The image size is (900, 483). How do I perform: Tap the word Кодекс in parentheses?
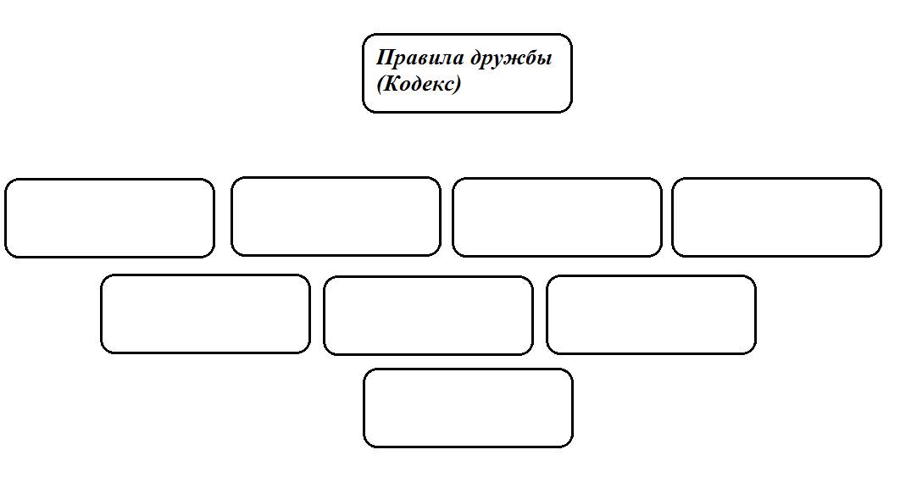(x=419, y=84)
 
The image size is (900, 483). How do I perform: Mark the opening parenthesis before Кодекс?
(x=381, y=85)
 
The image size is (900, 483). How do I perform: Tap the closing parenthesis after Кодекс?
(x=456, y=85)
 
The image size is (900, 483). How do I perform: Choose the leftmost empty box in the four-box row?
(x=109, y=218)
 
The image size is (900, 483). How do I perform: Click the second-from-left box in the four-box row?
(x=336, y=216)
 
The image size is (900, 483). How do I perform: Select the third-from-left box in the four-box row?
(x=557, y=217)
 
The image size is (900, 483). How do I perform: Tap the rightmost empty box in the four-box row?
(x=776, y=217)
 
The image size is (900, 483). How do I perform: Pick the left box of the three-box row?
(x=205, y=314)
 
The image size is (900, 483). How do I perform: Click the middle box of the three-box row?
(x=428, y=315)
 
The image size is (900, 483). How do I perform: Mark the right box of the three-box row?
(x=651, y=314)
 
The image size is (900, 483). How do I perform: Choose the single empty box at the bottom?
(x=468, y=408)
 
